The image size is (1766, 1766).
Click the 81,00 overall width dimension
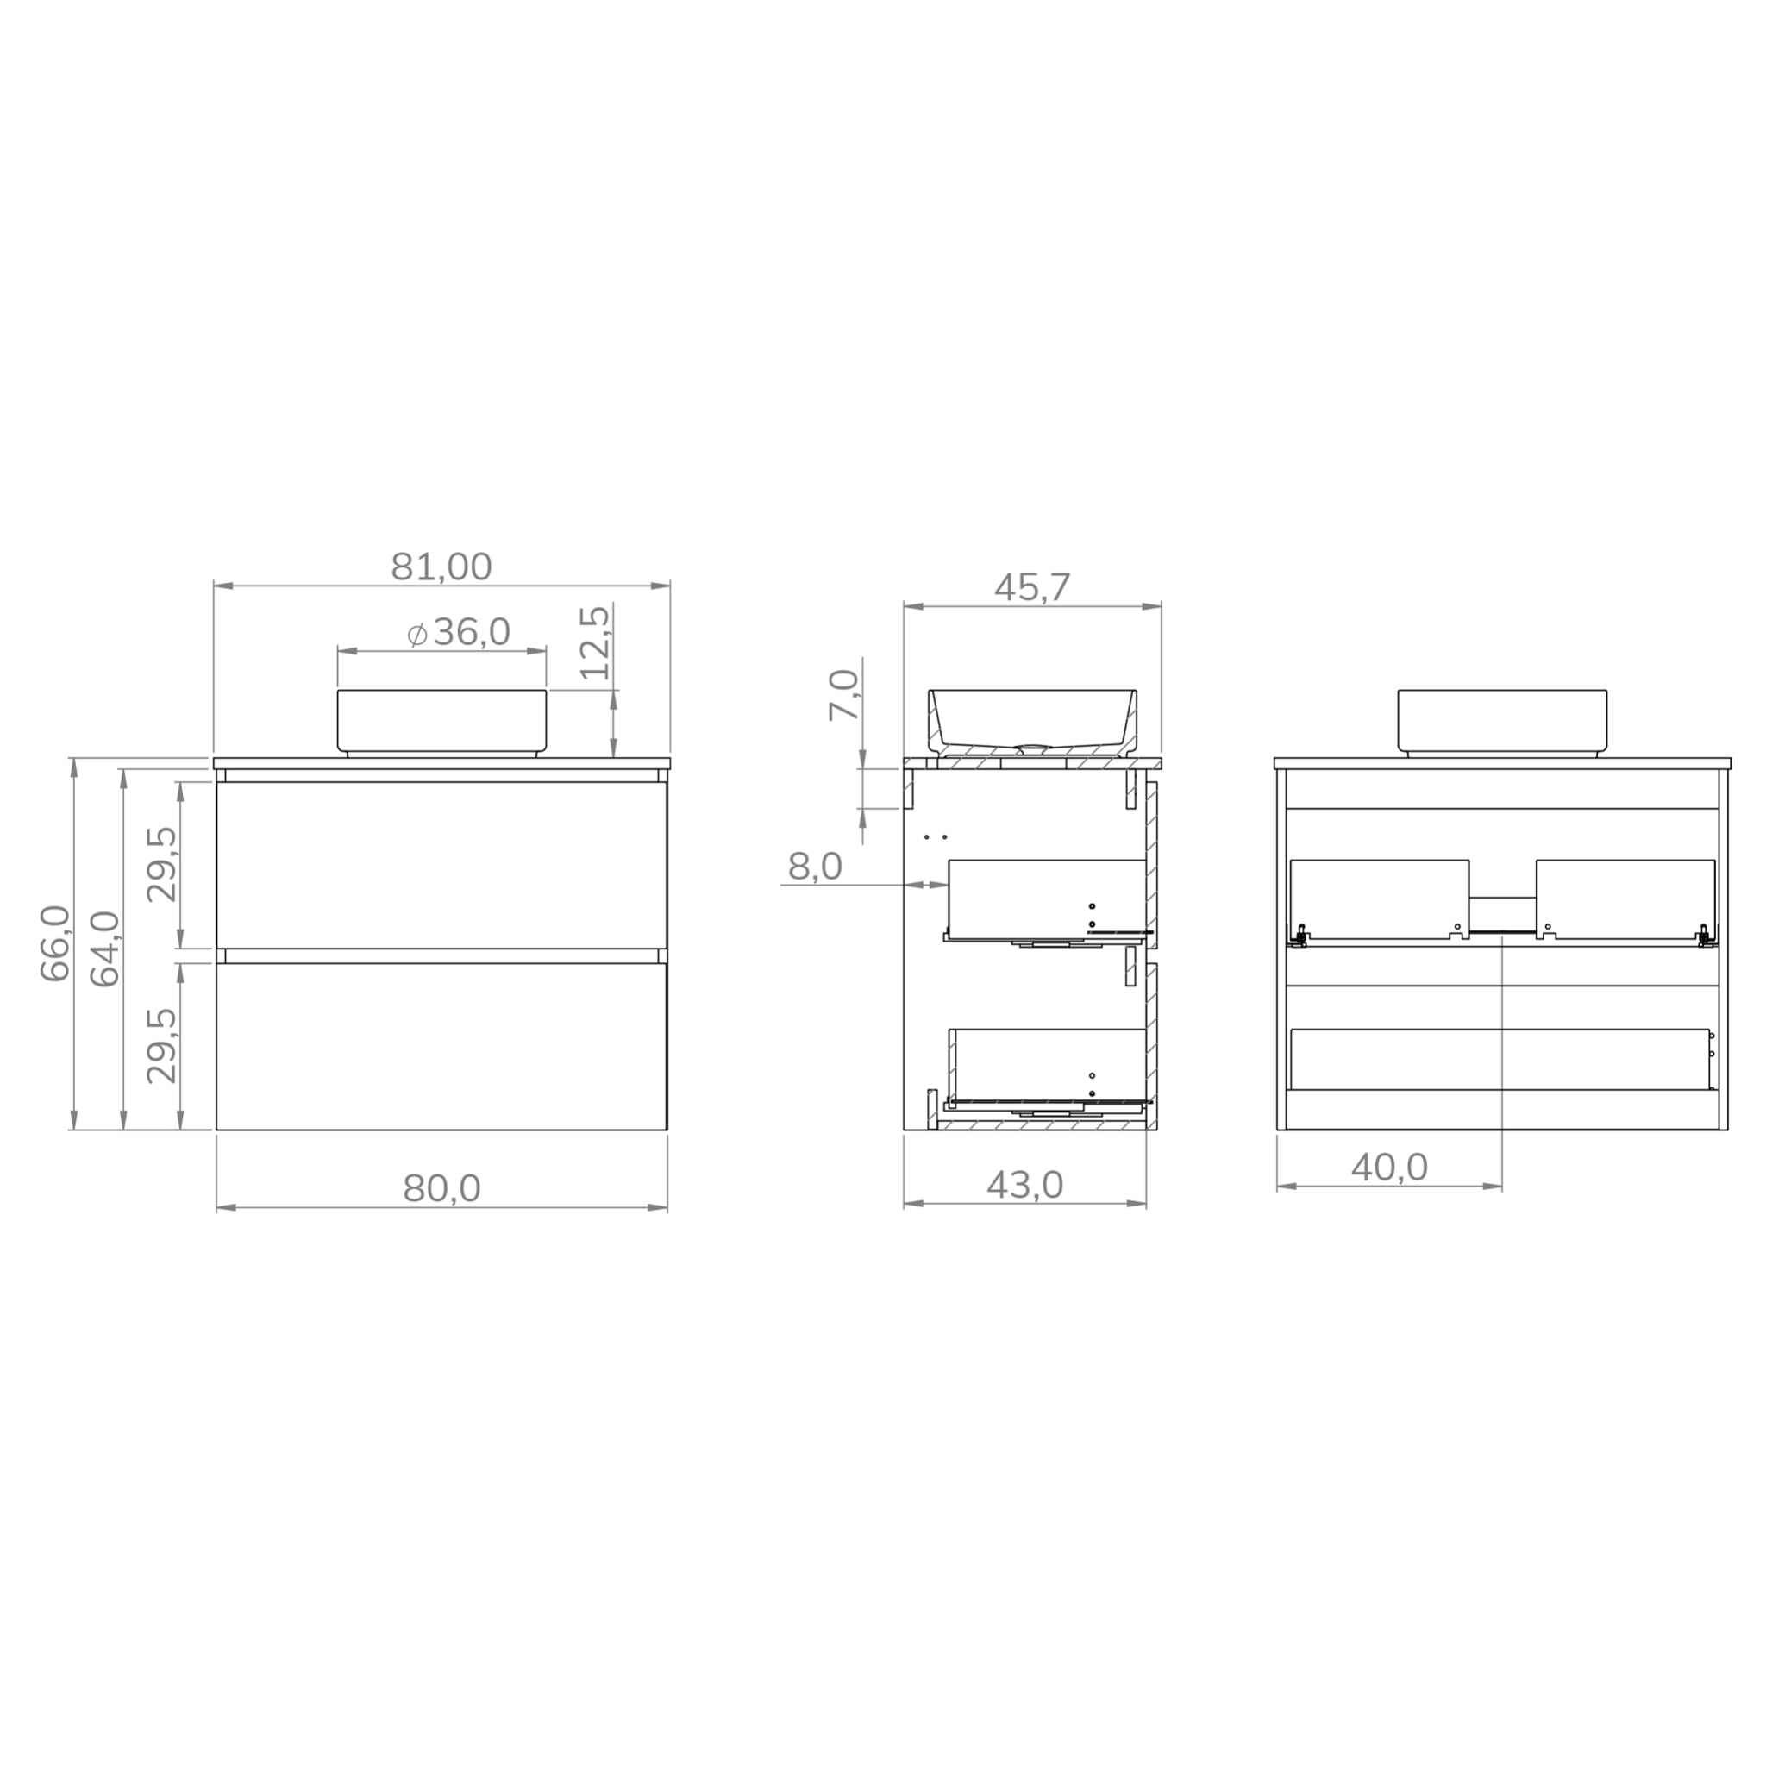tap(441, 567)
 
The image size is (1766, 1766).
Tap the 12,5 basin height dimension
tap(595, 642)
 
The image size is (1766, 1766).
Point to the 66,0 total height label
tap(56, 943)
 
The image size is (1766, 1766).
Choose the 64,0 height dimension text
tap(106, 949)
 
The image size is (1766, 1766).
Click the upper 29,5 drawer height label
tap(163, 864)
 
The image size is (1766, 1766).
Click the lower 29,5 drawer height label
tap(163, 1046)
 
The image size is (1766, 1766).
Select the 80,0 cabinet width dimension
tap(441, 1188)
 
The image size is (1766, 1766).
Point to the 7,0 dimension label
tap(844, 696)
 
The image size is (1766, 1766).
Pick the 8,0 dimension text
tap(814, 867)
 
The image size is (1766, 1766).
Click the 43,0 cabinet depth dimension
tap(1024, 1186)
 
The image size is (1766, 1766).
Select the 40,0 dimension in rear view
tap(1389, 1168)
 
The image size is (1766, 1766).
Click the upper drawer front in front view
tap(441, 864)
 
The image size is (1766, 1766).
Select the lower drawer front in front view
tap(441, 1047)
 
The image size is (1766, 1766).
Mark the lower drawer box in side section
tap(1047, 1065)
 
